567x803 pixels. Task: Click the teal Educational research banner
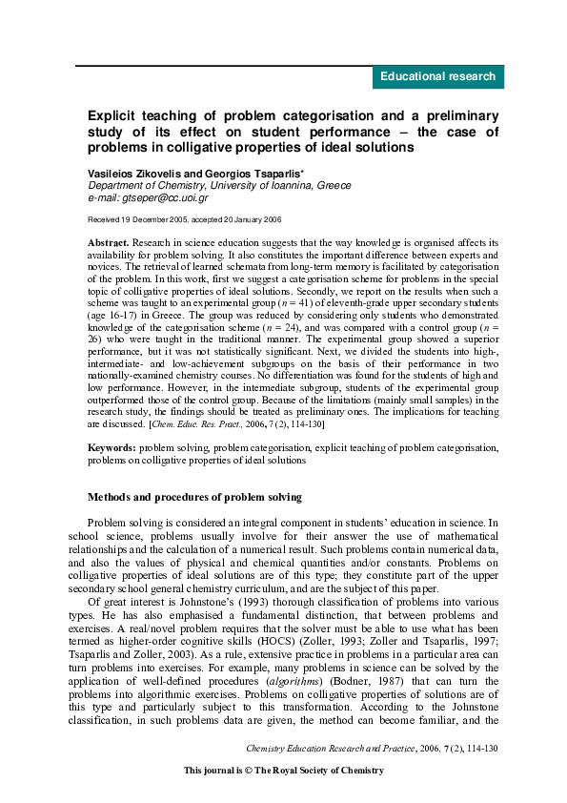tap(437, 77)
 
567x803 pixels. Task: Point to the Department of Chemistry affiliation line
tap(219, 185)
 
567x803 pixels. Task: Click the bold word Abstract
tap(108, 244)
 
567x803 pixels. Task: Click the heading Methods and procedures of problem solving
tap(194, 497)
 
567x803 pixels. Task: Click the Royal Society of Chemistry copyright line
tap(283, 770)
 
